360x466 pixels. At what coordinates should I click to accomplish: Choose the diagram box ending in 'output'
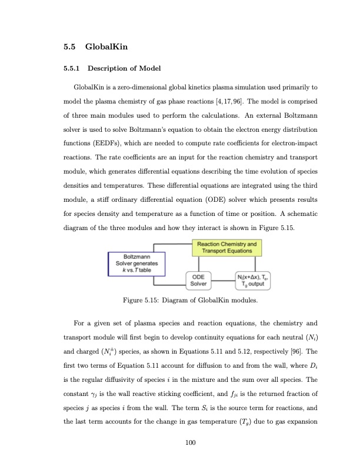[254, 281]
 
